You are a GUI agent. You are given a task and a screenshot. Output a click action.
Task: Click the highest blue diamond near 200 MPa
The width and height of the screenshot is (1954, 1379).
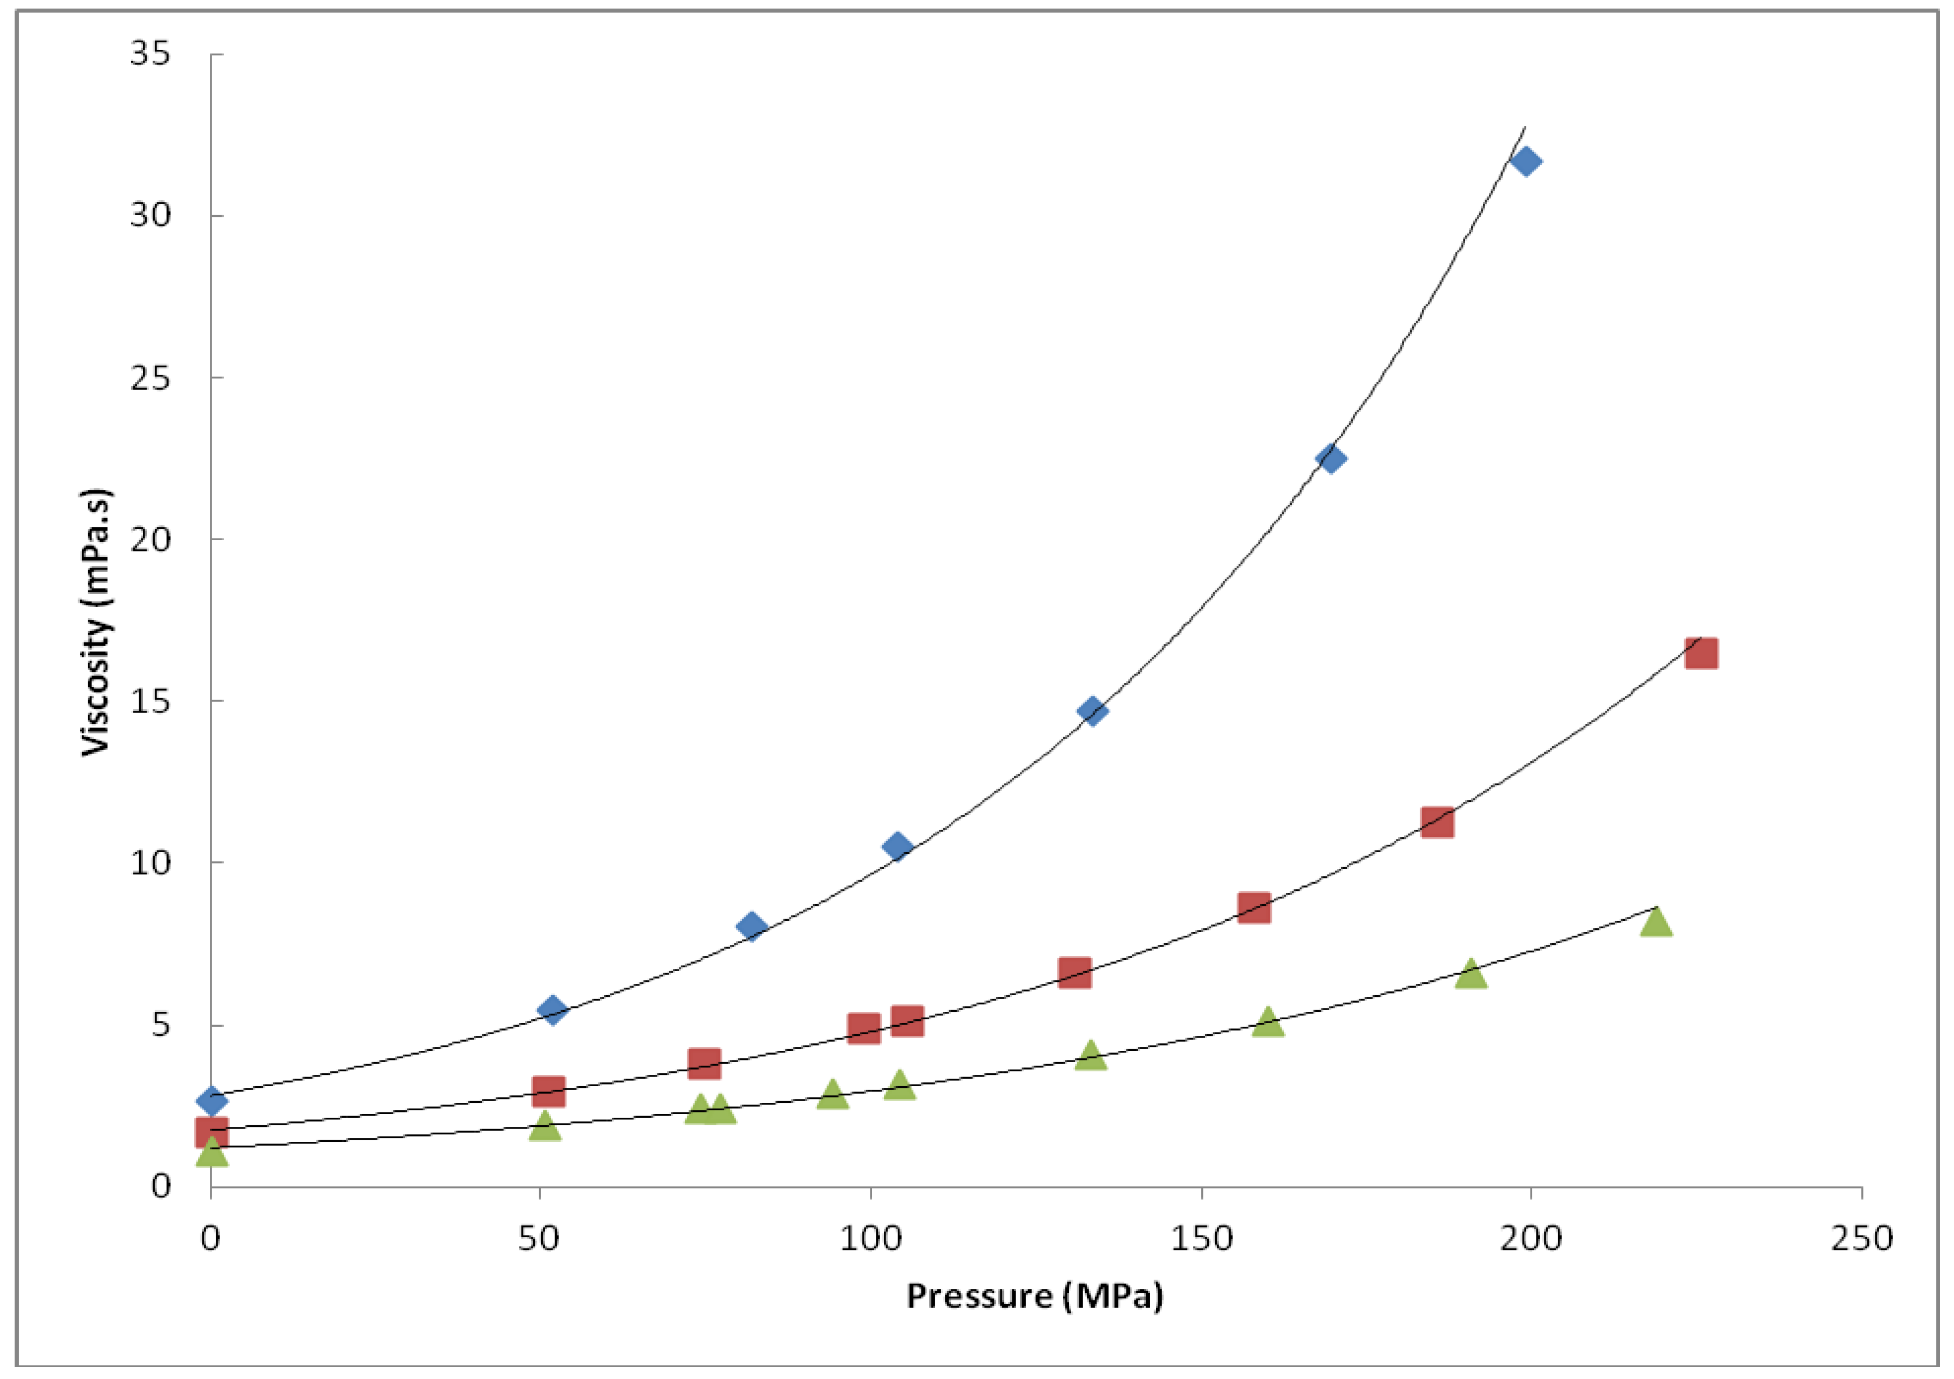pyautogui.click(x=1525, y=161)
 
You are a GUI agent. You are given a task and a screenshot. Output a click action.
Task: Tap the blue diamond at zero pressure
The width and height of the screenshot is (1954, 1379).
pyautogui.click(x=212, y=1101)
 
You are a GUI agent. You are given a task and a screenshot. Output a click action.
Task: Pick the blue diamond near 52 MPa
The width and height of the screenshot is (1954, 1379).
pyautogui.click(x=552, y=1010)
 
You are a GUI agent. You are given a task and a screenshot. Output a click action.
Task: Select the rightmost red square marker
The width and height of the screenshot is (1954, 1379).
pyautogui.click(x=1700, y=653)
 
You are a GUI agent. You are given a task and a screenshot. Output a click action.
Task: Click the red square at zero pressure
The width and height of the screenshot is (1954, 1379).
pyautogui.click(x=212, y=1133)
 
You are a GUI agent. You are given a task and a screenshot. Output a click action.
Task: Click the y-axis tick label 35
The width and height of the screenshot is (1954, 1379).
pyautogui.click(x=150, y=54)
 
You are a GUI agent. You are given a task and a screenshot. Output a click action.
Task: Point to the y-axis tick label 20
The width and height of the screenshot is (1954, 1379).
pyautogui.click(x=150, y=539)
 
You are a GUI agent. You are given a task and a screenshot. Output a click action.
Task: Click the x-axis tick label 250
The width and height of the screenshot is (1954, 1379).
pyautogui.click(x=1862, y=1239)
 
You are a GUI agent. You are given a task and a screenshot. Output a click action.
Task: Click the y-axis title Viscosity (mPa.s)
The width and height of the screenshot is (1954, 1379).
pyautogui.click(x=96, y=622)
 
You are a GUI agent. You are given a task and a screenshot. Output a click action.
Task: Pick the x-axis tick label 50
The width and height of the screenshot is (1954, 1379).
pyautogui.click(x=539, y=1239)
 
